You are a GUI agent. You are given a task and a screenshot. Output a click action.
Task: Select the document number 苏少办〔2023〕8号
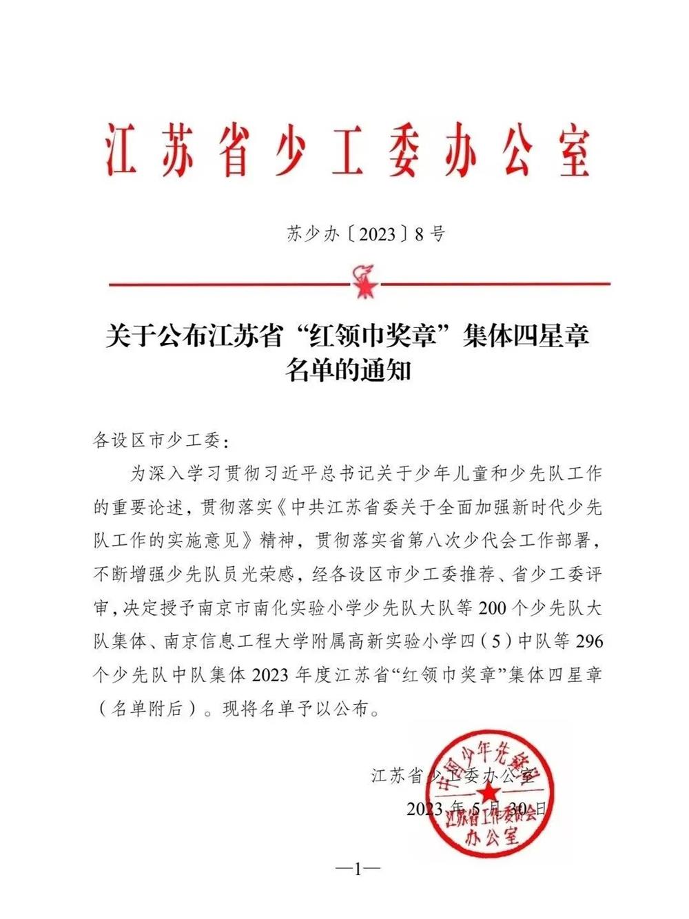[366, 234]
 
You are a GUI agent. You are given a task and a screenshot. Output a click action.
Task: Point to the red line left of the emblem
[228, 283]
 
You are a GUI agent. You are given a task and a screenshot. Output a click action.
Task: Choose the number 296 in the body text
[588, 641]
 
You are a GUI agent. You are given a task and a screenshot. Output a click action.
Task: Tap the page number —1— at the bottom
[358, 869]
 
